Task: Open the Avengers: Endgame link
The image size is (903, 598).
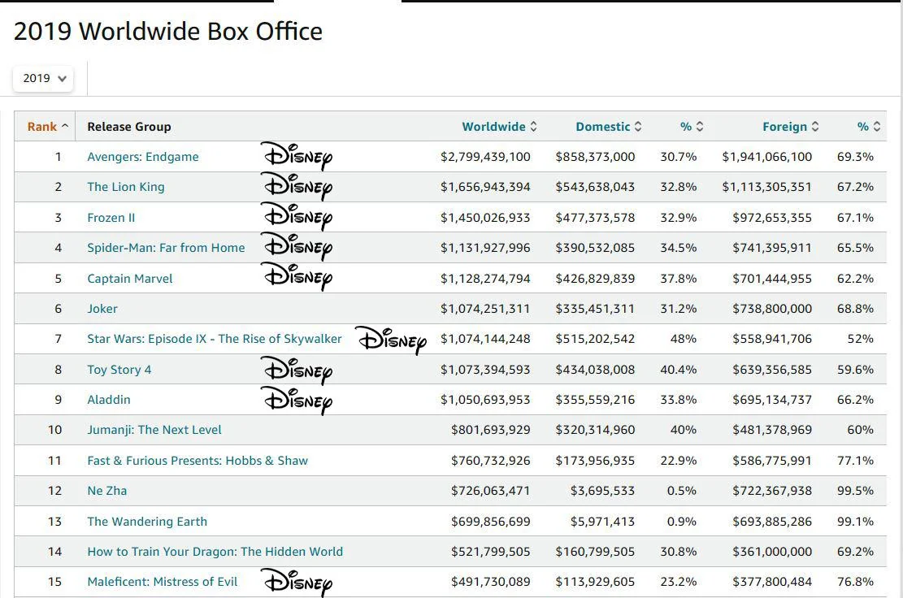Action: tap(143, 157)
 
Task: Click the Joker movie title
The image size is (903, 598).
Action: tap(102, 309)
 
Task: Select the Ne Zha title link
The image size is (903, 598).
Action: tap(107, 491)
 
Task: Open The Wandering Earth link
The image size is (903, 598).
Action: tap(147, 522)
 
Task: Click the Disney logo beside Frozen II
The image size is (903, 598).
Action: tap(297, 217)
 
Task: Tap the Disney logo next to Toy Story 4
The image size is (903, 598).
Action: tap(297, 370)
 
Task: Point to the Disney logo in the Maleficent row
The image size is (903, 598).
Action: tap(297, 583)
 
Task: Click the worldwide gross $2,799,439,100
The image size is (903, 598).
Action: tap(485, 157)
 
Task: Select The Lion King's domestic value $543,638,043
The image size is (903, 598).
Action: tap(595, 187)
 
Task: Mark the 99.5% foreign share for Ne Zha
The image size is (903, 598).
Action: tap(855, 491)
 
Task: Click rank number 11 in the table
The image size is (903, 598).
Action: tap(54, 461)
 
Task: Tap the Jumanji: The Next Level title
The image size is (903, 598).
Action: tap(154, 430)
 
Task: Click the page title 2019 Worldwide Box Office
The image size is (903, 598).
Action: tap(168, 32)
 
